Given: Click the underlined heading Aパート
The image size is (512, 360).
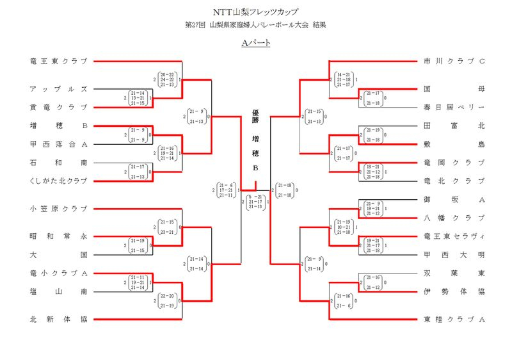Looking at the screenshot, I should tap(255, 43).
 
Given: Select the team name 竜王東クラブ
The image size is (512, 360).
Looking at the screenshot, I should tap(58, 61).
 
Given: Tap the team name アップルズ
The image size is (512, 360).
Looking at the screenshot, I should tap(58, 89).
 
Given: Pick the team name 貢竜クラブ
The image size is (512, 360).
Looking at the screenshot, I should tap(58, 107).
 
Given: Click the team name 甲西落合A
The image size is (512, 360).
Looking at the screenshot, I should tap(58, 144).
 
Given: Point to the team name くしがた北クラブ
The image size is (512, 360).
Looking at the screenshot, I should tap(58, 181).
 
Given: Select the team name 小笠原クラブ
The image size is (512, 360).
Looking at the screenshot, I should tap(58, 209).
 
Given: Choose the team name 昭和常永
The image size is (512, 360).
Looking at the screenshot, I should tap(58, 236).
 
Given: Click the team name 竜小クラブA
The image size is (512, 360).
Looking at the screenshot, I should tap(58, 273).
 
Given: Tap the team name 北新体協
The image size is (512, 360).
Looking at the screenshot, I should tap(58, 319).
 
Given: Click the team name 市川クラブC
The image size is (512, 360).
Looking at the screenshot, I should tap(454, 61).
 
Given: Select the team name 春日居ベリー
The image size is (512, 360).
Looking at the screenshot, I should tap(454, 107).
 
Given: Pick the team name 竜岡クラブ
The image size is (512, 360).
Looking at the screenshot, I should tap(454, 163).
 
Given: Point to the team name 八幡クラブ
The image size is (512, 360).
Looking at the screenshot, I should tap(454, 218).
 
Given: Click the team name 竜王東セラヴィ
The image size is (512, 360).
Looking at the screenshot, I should tap(454, 236).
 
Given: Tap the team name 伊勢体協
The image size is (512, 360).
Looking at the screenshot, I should tap(454, 291).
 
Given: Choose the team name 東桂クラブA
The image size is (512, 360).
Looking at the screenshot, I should tap(454, 319).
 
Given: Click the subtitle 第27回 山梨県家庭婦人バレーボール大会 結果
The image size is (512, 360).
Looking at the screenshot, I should tap(255, 25).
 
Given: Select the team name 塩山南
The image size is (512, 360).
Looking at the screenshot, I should tap(58, 291).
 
